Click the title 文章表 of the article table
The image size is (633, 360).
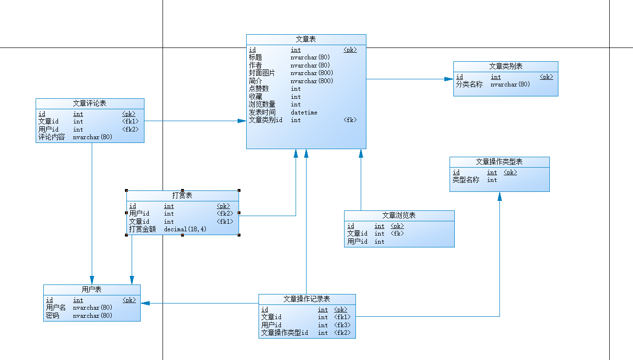[306, 39]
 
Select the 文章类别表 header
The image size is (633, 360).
[506, 66]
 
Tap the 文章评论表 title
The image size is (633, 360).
[89, 103]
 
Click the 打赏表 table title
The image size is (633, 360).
[182, 196]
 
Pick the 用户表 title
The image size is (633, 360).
[92, 289]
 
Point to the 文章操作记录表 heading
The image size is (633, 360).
[307, 299]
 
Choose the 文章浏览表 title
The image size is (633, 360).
[399, 216]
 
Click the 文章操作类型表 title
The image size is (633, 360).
[499, 162]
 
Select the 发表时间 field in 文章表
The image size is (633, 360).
[262, 113]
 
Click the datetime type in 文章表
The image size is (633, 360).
[304, 113]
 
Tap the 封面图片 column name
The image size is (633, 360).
[262, 73]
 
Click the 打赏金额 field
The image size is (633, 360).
[143, 229]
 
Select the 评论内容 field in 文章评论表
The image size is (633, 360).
[51, 137]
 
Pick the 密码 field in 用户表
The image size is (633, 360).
[52, 315]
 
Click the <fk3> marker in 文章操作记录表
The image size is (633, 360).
[342, 325]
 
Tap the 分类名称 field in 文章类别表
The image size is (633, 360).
[469, 85]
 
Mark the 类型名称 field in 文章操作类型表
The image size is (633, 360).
[466, 180]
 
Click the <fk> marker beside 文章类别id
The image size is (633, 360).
[350, 120]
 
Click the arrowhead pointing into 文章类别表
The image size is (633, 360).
[448, 79]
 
